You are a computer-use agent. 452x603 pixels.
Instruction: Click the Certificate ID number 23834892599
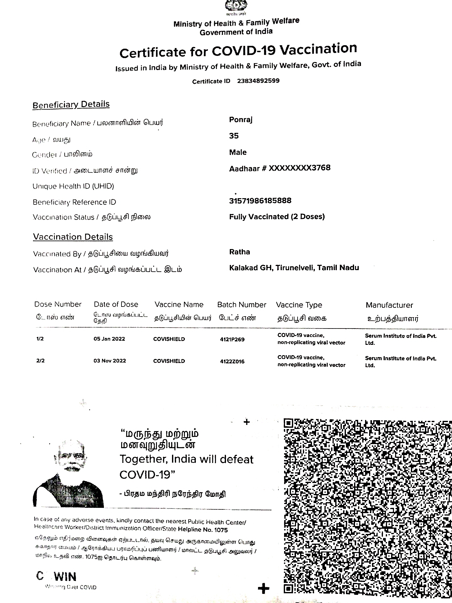tap(258, 81)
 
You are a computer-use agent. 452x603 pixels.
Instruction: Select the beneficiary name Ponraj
tap(241, 120)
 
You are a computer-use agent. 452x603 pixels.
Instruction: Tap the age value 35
tap(234, 136)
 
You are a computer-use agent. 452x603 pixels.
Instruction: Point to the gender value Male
tap(238, 152)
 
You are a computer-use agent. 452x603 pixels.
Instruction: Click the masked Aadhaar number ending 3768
tap(280, 168)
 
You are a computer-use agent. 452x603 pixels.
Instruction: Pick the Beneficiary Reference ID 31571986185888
tap(260, 201)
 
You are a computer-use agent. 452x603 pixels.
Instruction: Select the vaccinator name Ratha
tap(239, 252)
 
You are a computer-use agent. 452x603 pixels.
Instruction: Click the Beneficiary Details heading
tap(71, 105)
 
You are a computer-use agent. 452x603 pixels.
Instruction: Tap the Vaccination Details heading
tap(73, 237)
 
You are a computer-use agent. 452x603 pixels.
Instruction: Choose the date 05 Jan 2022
tap(109, 339)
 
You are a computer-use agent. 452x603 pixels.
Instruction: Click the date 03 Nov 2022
tap(110, 361)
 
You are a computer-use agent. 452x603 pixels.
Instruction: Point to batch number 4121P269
tap(232, 340)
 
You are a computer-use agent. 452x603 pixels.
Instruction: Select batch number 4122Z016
tap(232, 361)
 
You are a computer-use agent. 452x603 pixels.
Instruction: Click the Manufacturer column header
tap(389, 305)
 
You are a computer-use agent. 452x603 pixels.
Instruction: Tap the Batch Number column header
tap(241, 305)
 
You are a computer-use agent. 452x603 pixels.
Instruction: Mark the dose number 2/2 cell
tap(40, 361)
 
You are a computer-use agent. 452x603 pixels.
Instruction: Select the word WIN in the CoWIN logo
tap(66, 577)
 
